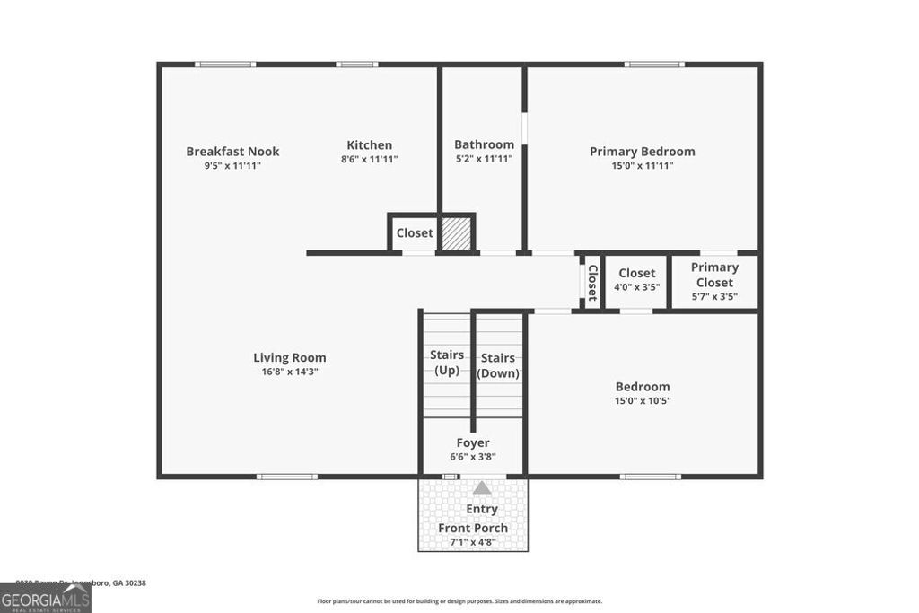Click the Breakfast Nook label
[x=232, y=152]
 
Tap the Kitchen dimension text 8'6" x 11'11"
[x=369, y=159]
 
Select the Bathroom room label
[x=484, y=144]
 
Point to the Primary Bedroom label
[x=642, y=152]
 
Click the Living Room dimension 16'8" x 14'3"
[x=289, y=371]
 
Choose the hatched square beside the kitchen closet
[x=457, y=232]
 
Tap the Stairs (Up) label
[x=446, y=363]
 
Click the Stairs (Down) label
[x=498, y=366]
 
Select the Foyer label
[x=473, y=442]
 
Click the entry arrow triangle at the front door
[x=482, y=488]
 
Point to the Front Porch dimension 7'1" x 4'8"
[x=473, y=542]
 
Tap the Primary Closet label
[x=714, y=275]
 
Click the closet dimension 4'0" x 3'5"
[x=636, y=287]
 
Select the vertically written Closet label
[x=592, y=282]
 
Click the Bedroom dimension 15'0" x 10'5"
[x=642, y=400]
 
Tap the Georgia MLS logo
[x=45, y=599]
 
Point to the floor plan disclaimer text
[x=459, y=601]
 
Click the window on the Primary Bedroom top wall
[x=654, y=65]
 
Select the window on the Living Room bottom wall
[x=286, y=477]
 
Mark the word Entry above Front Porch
[x=482, y=509]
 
